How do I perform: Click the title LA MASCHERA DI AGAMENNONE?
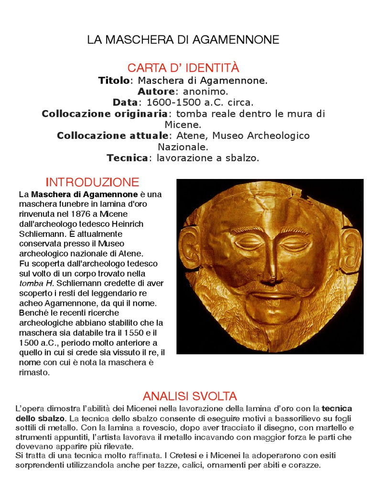pos(183,40)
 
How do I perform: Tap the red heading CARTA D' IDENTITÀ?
pos(183,67)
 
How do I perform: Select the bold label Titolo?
pos(114,80)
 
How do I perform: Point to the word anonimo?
pos(202,91)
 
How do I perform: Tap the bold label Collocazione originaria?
pos(105,114)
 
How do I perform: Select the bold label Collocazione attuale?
pos(112,136)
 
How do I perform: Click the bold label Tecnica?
pos(128,158)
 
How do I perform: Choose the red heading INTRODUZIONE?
pos(92,182)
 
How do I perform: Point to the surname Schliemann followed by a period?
pos(39,234)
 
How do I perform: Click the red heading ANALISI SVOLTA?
pos(190,396)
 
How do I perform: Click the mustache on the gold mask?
pos(270,290)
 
